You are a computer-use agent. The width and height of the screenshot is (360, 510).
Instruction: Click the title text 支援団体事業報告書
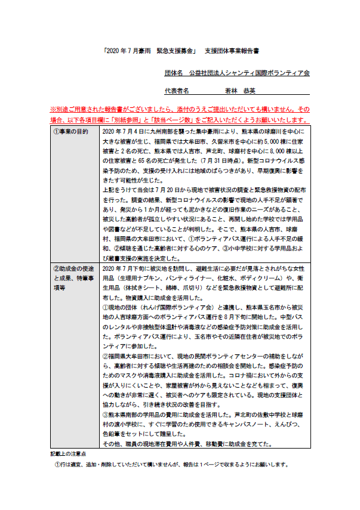point(232,52)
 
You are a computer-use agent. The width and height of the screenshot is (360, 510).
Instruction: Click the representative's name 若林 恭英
point(240,91)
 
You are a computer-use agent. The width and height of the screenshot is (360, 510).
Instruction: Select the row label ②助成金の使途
point(72,269)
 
